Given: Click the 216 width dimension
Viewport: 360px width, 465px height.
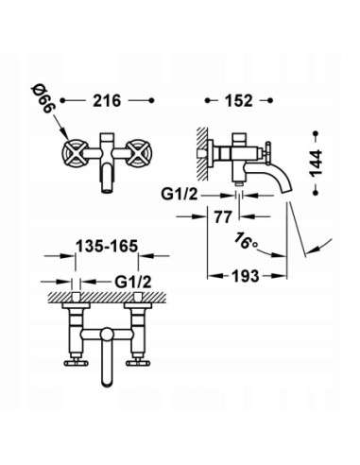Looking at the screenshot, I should (109, 100).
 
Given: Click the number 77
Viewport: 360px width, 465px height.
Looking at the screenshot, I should (223, 215).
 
